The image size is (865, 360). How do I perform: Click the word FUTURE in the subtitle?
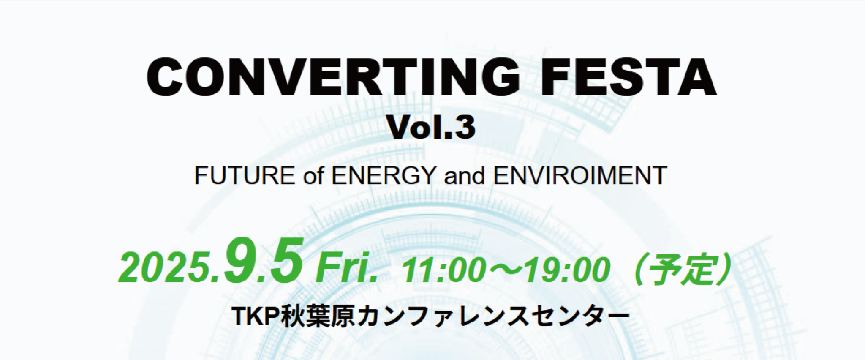pyautogui.click(x=245, y=175)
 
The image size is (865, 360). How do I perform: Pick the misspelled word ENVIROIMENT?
pyautogui.click(x=580, y=175)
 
